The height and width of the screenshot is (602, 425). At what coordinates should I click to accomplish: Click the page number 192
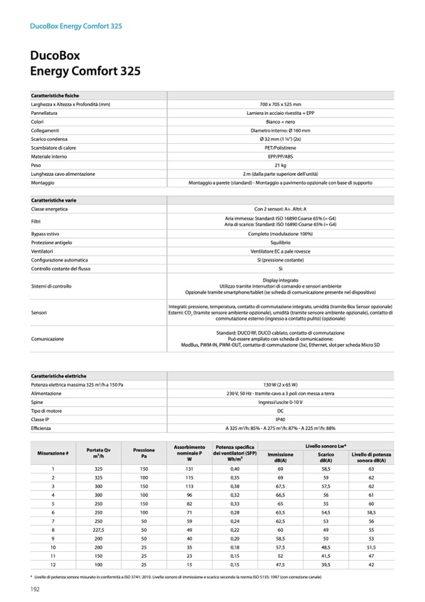pyautogui.click(x=36, y=588)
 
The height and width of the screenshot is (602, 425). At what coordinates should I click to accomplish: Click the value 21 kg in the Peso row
pyautogui.click(x=280, y=165)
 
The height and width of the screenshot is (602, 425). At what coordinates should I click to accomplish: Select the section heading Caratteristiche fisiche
pyautogui.click(x=55, y=95)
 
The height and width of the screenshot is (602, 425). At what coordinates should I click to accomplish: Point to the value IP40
pyautogui.click(x=280, y=419)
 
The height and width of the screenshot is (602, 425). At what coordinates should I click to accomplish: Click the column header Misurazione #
pyautogui.click(x=53, y=453)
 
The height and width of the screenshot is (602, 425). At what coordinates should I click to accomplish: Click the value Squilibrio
pyautogui.click(x=280, y=242)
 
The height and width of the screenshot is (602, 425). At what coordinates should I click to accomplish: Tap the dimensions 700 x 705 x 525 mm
pyautogui.click(x=280, y=104)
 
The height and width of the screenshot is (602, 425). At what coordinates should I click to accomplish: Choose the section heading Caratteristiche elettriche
pyautogui.click(x=59, y=375)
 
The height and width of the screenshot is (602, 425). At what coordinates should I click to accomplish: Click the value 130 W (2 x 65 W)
pyautogui.click(x=280, y=384)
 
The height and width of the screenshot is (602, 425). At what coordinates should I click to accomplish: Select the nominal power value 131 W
pyautogui.click(x=189, y=468)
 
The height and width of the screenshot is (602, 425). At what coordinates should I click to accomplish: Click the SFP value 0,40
pyautogui.click(x=235, y=468)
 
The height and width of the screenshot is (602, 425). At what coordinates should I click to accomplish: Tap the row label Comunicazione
pyautogui.click(x=48, y=339)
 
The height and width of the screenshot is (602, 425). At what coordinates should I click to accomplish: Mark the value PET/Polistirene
pyautogui.click(x=280, y=148)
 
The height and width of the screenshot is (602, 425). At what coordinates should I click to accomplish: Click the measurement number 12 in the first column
pyautogui.click(x=53, y=564)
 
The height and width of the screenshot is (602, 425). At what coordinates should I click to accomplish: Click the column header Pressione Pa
pyautogui.click(x=144, y=453)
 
